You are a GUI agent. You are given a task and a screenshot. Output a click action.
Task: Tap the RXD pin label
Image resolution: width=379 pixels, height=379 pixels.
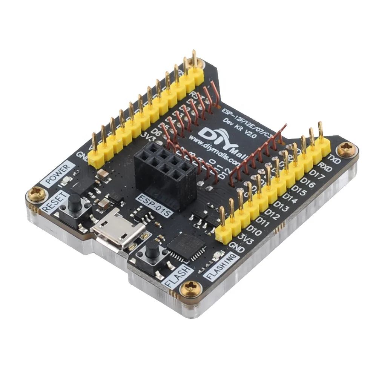[324, 166]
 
